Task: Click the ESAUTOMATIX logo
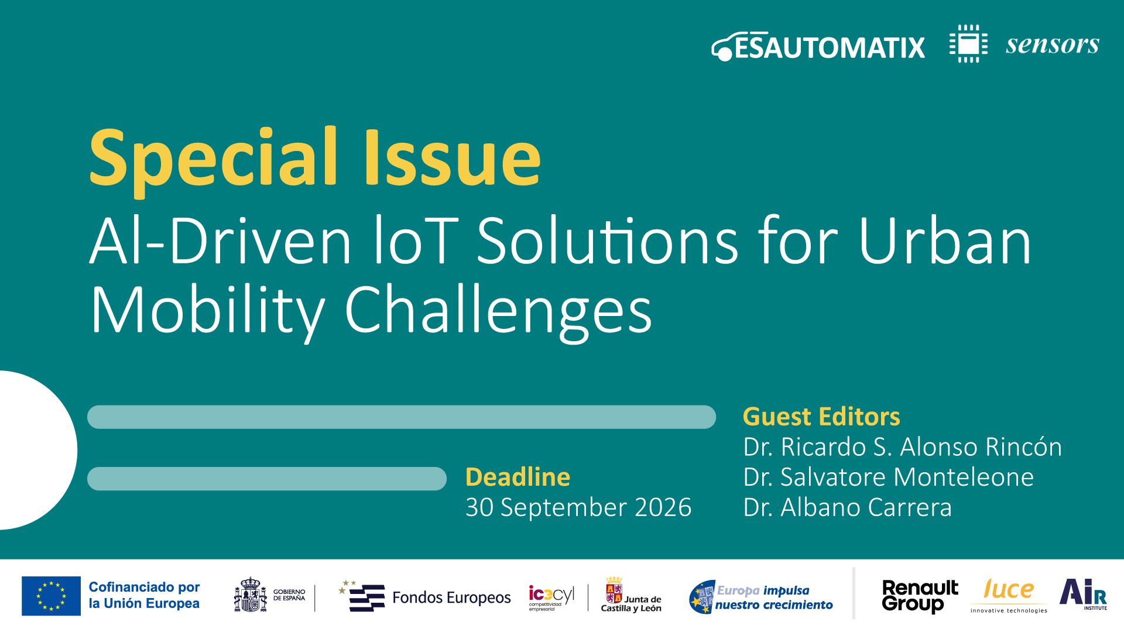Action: click(x=818, y=47)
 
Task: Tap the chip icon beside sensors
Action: click(x=968, y=44)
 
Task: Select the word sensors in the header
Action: click(x=1052, y=44)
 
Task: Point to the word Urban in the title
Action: click(x=944, y=241)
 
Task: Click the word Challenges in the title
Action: click(x=498, y=310)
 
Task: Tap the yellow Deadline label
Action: click(x=518, y=477)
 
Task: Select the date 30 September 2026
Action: click(x=578, y=507)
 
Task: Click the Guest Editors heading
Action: click(x=821, y=417)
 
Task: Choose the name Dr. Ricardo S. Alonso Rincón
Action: click(x=902, y=447)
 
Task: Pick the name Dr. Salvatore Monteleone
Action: click(x=888, y=477)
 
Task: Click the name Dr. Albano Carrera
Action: click(x=847, y=507)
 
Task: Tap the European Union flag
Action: click(x=51, y=596)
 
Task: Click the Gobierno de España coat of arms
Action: click(x=251, y=595)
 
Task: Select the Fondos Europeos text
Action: click(x=451, y=597)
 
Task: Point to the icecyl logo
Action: click(x=551, y=597)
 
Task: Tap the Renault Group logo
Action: click(x=920, y=596)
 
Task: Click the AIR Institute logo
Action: click(x=1083, y=593)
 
